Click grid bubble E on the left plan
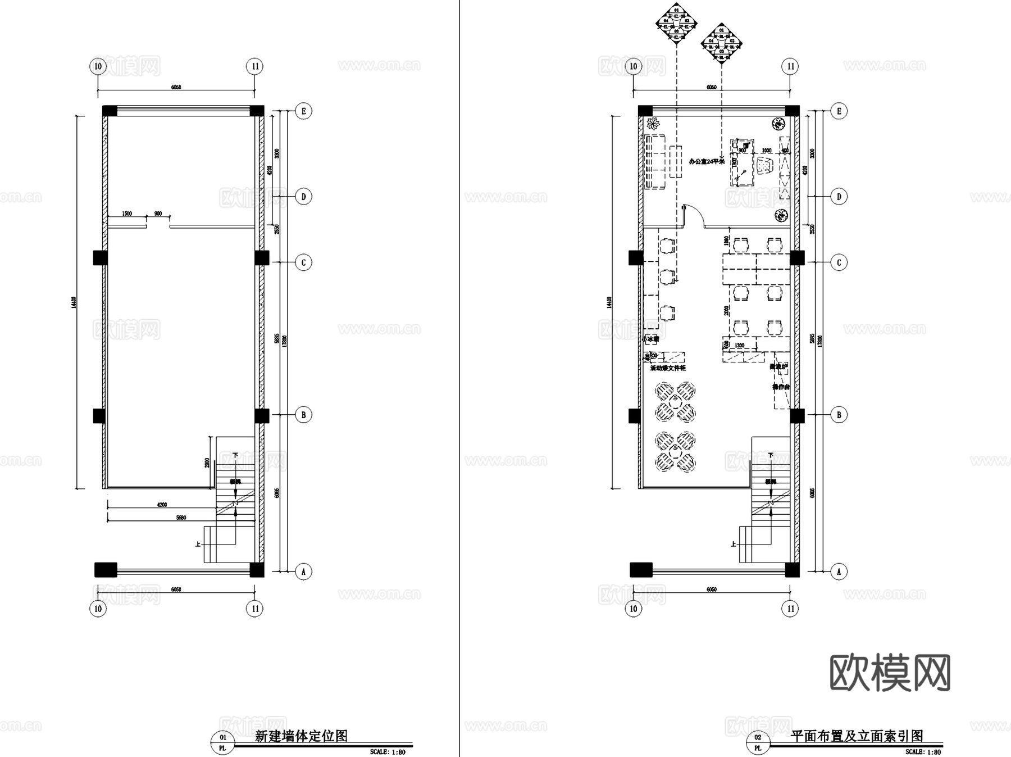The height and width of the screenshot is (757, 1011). point(304,111)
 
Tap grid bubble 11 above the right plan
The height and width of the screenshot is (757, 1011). point(791,67)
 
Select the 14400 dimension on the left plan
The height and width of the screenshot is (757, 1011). point(74,302)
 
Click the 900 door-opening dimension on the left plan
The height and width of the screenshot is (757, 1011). point(158,214)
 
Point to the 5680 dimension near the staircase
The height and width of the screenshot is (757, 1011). point(181,518)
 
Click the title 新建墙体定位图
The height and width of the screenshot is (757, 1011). point(301,736)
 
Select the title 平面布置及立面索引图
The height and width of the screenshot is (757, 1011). point(857,736)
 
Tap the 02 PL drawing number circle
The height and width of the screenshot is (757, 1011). point(758,742)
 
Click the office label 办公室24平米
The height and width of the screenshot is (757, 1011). point(707,162)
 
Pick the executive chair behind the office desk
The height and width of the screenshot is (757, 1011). point(765,167)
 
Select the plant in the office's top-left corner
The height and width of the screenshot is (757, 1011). point(653,123)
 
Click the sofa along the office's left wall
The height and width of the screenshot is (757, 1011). point(655,161)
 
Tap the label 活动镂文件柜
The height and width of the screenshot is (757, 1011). point(668,369)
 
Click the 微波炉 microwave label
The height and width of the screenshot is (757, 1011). point(778,366)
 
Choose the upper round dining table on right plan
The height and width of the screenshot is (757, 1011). point(676,402)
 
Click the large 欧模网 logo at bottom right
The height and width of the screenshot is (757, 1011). point(890,673)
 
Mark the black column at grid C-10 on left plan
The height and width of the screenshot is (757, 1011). point(100,258)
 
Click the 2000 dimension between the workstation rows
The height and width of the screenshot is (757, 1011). point(726,310)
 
